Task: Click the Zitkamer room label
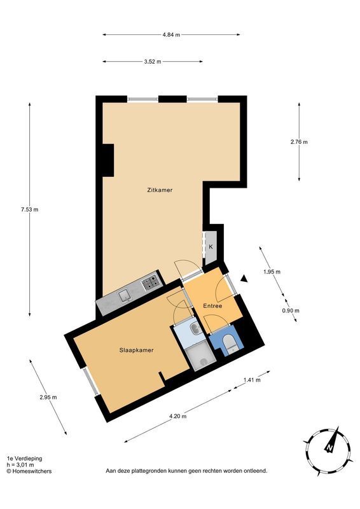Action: (160, 190)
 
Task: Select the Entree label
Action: (212, 307)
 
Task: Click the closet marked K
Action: (211, 246)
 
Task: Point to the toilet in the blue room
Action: (231, 344)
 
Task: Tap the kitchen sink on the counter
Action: (124, 294)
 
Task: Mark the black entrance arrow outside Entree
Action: (243, 277)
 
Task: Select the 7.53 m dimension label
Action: (29, 210)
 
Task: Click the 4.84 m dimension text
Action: (171, 34)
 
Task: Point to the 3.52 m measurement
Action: (153, 62)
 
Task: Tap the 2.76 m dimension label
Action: (298, 142)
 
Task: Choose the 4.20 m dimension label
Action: (177, 417)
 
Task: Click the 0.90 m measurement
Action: (291, 310)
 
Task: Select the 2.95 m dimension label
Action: (48, 397)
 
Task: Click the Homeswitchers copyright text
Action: (29, 471)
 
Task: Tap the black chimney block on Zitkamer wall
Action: (106, 160)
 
